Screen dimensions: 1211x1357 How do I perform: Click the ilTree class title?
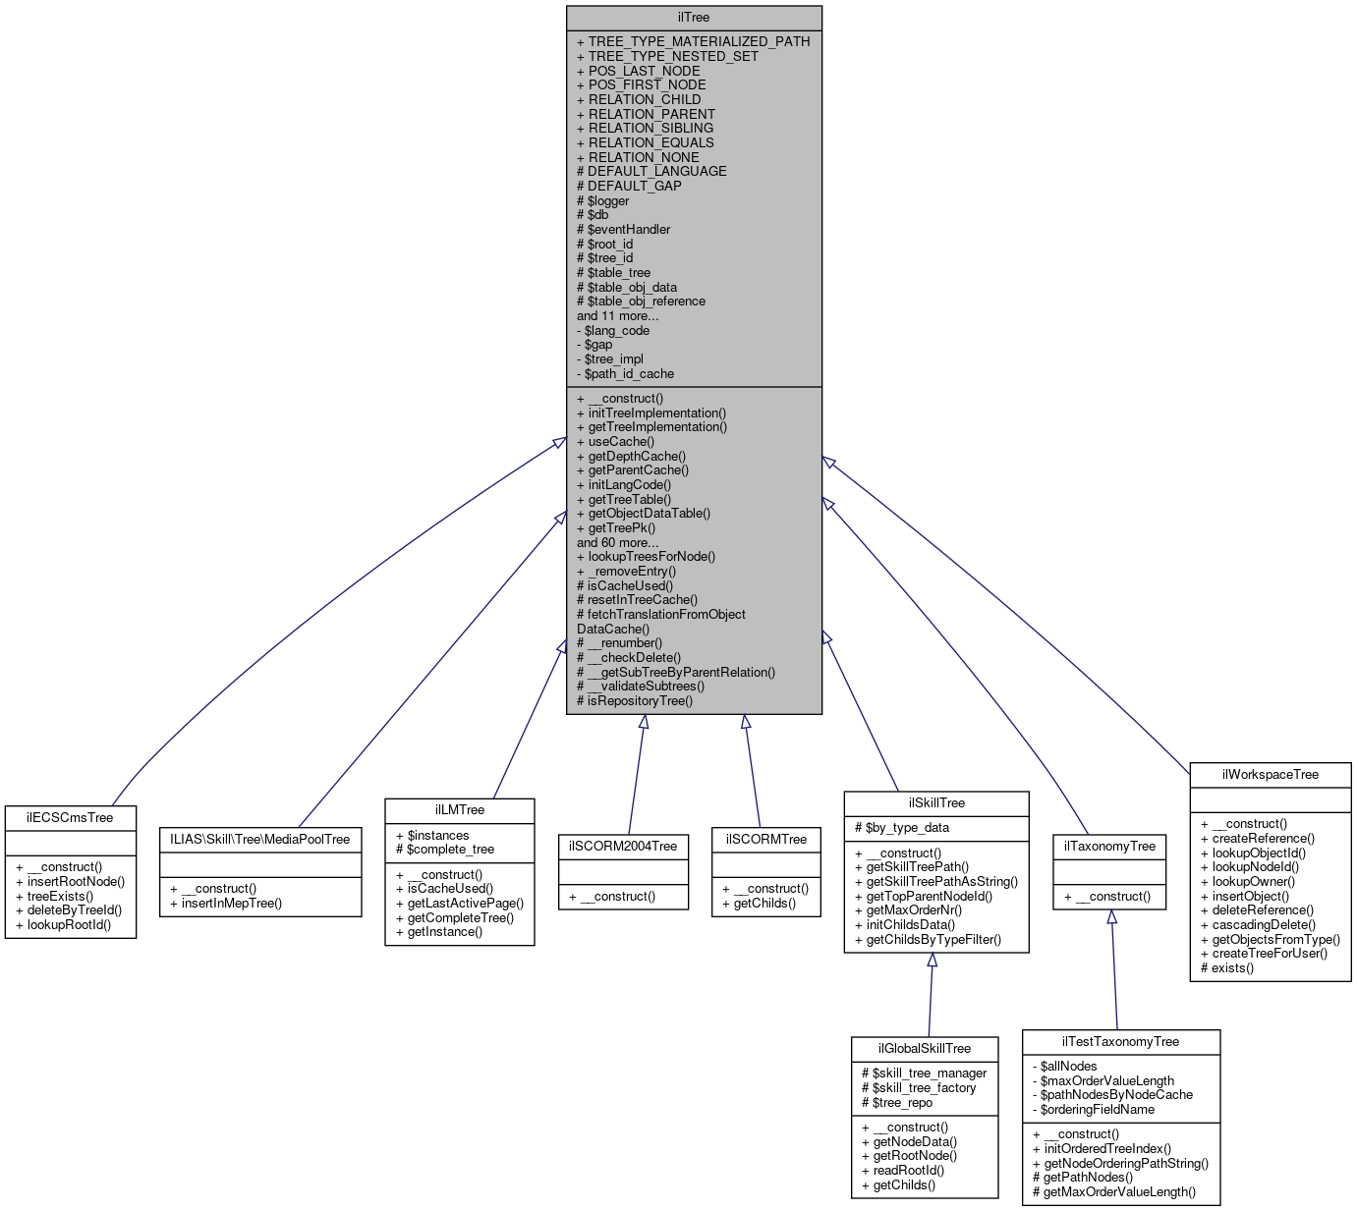tap(693, 18)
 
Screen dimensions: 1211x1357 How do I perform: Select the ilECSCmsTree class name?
tap(70, 817)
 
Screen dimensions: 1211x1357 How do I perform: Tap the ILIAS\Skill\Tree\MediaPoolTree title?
tap(260, 839)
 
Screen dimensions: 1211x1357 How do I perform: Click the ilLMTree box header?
tap(459, 809)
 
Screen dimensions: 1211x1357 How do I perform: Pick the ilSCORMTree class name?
tap(765, 839)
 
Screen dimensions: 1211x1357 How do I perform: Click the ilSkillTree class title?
tap(935, 802)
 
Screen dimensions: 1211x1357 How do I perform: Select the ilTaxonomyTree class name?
tap(1109, 846)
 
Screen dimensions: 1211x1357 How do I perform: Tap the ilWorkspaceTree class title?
tap(1270, 774)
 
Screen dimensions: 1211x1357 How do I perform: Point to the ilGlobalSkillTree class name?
tap(924, 1048)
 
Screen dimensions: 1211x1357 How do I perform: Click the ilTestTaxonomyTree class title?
tap(1120, 1041)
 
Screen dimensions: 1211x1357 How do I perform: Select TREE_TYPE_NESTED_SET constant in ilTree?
tap(673, 56)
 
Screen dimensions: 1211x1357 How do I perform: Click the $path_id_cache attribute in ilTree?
tap(629, 373)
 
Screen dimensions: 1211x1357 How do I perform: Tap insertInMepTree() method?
tap(231, 903)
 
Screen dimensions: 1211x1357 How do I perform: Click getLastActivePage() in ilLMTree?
tap(465, 903)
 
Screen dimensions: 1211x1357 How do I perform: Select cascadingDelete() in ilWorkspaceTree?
tap(1263, 924)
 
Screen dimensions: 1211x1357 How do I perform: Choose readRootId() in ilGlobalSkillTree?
tap(908, 1170)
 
